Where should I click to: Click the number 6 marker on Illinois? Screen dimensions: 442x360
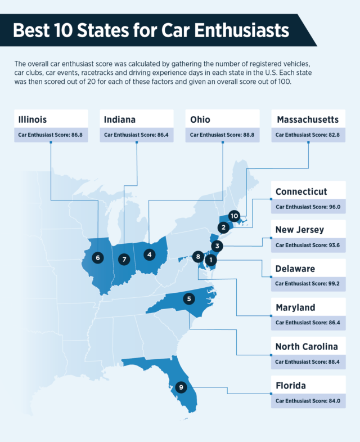[98, 257]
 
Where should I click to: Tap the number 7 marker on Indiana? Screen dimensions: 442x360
[124, 260]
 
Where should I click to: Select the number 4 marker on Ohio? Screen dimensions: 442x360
[149, 255]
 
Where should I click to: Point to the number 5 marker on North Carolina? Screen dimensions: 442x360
[190, 298]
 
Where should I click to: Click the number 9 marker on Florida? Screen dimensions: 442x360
[181, 387]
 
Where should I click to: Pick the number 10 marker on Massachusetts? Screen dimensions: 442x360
[235, 216]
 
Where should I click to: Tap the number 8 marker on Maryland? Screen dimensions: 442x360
[197, 257]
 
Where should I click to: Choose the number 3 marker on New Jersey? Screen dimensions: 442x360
[218, 246]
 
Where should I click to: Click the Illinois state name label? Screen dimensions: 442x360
[32, 119]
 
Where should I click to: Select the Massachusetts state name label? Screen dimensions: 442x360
[307, 119]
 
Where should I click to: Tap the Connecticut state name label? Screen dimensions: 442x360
[301, 191]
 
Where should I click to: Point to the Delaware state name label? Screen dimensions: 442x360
[295, 269]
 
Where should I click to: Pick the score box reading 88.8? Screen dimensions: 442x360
[222, 135]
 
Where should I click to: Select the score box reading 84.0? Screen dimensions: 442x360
[308, 401]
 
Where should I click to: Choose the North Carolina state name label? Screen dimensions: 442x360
[307, 346]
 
